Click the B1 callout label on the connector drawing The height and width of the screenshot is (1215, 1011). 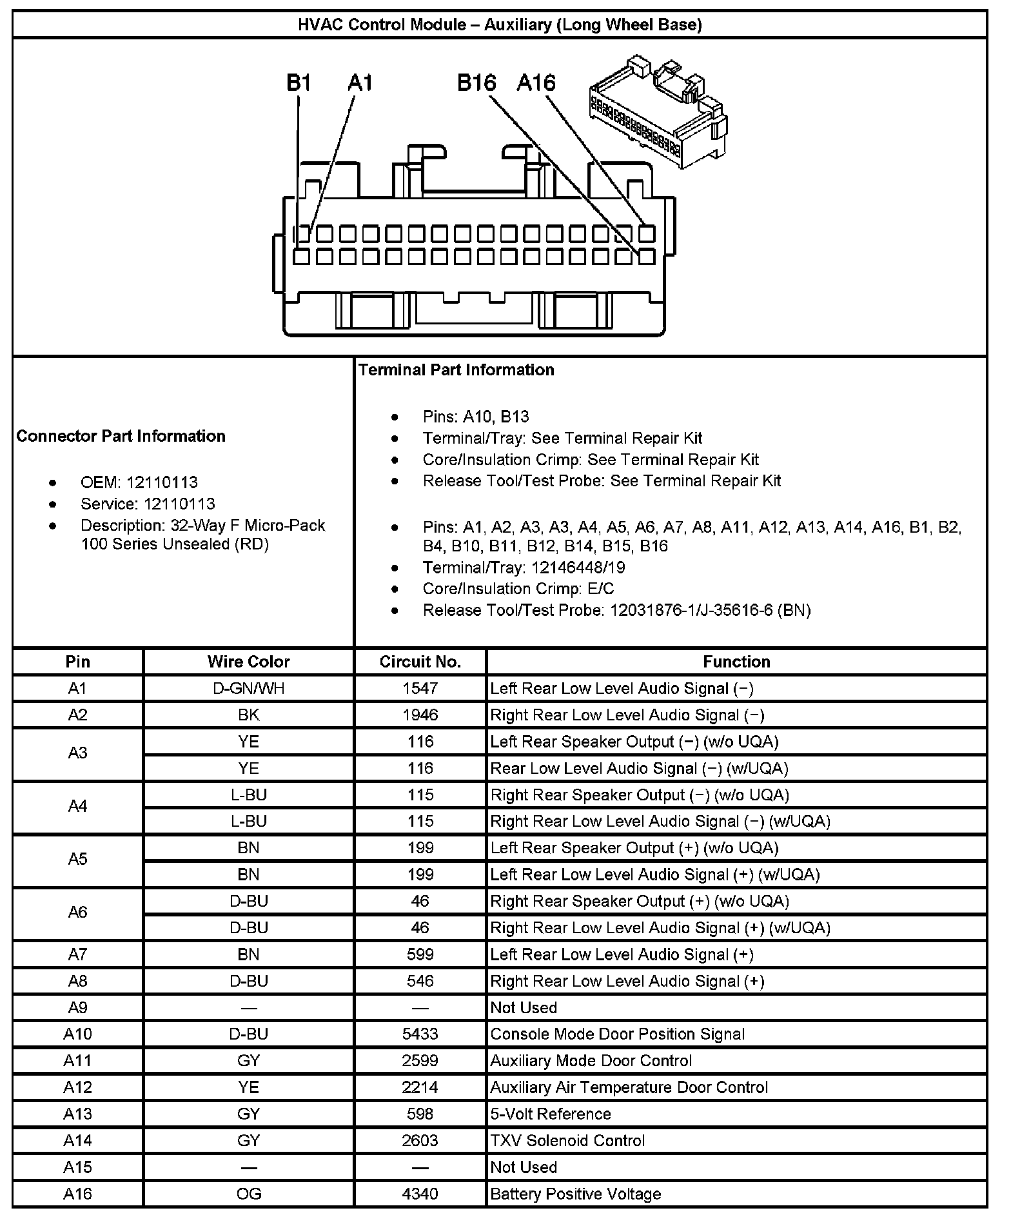coord(299,83)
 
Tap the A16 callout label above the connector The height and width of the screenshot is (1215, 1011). coord(536,83)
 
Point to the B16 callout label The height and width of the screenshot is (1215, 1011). coord(476,83)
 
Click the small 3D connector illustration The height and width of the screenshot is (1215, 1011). coord(660,110)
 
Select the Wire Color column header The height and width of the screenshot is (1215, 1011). coord(248,662)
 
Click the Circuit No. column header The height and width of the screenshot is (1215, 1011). coord(420,662)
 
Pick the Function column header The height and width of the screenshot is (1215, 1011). coord(736,662)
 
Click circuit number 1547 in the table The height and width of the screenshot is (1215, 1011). coord(420,688)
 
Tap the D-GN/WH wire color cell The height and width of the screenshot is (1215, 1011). coord(248,688)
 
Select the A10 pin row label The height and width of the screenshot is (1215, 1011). coord(77,1034)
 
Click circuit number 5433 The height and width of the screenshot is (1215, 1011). coord(420,1034)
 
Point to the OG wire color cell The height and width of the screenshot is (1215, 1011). coord(248,1194)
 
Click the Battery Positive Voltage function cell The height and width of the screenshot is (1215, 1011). coord(575,1194)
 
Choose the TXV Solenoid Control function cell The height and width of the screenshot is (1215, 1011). coord(567,1140)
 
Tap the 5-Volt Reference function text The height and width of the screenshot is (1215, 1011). coord(551,1114)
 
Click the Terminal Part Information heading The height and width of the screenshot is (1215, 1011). coord(456,370)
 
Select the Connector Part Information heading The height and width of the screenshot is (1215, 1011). coord(121,436)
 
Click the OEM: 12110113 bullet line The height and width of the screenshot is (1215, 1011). coord(139,482)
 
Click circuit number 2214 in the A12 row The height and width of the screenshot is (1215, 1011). coord(420,1087)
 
